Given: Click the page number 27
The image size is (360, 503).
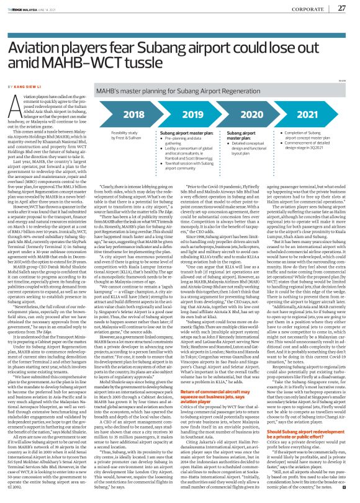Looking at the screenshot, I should click(x=341, y=8).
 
